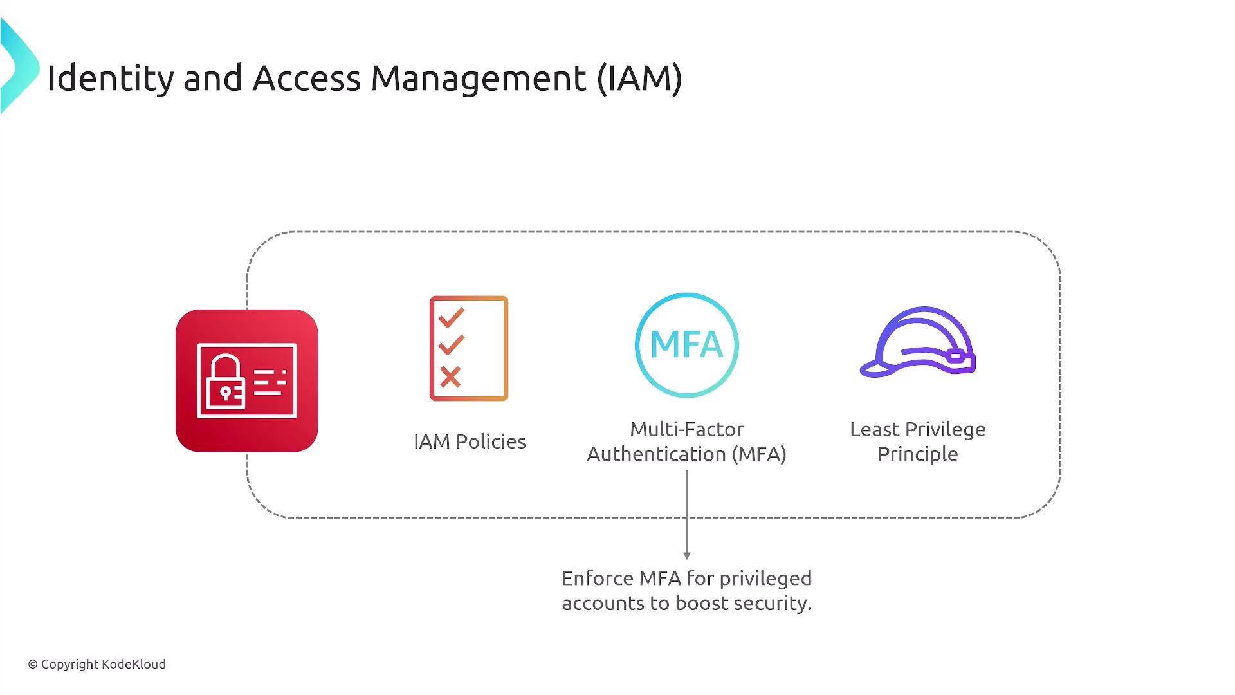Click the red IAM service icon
[x=247, y=380]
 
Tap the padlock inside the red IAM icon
[x=225, y=382]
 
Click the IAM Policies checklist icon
[x=469, y=348]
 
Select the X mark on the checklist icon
[x=450, y=377]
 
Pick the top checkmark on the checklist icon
[x=451, y=317]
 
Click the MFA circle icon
[x=687, y=345]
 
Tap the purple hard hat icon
[x=918, y=342]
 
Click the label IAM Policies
[x=470, y=441]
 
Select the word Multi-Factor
[x=686, y=429]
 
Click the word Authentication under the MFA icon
[x=657, y=454]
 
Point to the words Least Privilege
[x=918, y=429]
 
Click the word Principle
[x=918, y=454]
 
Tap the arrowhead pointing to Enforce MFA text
[x=687, y=555]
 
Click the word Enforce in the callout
[x=598, y=578]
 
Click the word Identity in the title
[x=111, y=78]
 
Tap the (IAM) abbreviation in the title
[x=639, y=78]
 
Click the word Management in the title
[x=479, y=78]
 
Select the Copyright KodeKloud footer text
[x=96, y=664]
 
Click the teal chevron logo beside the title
[x=19, y=66]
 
